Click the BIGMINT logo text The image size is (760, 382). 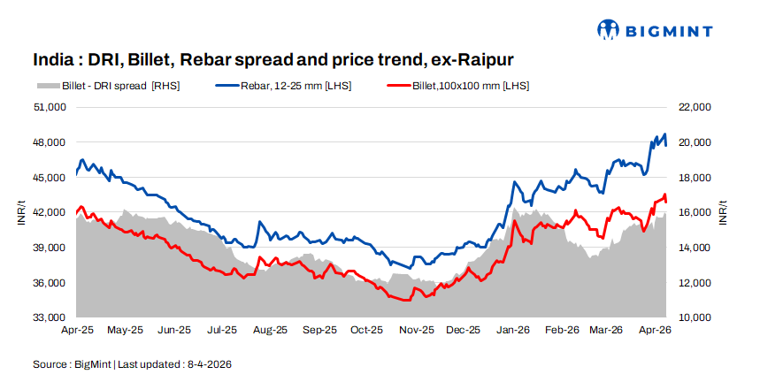point(680,31)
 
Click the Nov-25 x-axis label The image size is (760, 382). point(416,330)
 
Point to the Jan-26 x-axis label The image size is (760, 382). point(513,330)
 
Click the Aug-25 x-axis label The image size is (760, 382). point(270,330)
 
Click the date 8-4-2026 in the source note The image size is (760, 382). point(208,363)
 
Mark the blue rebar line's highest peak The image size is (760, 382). point(664,134)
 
